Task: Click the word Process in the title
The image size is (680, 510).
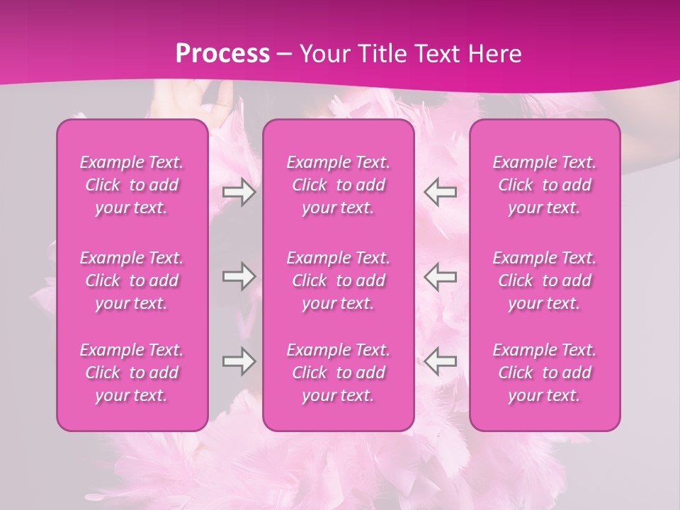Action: [222, 54]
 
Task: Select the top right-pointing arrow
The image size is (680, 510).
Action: [239, 191]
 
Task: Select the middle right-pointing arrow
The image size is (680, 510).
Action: [239, 276]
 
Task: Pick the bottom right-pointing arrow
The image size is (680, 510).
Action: [239, 361]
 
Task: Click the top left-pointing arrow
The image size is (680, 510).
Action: [440, 191]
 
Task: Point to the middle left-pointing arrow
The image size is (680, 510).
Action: [440, 276]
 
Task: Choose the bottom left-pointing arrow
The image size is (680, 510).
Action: [440, 361]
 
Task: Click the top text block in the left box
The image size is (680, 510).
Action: [132, 185]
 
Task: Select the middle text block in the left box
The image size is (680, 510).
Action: [132, 280]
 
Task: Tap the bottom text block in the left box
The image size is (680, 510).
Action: [132, 373]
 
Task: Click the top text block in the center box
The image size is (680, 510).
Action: [339, 185]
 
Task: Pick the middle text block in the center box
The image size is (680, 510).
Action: [339, 280]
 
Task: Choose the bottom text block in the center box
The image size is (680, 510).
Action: [339, 373]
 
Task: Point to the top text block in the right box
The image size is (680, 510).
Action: [545, 185]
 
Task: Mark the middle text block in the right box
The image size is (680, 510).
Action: [545, 280]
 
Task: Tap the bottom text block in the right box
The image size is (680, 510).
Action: [545, 373]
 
